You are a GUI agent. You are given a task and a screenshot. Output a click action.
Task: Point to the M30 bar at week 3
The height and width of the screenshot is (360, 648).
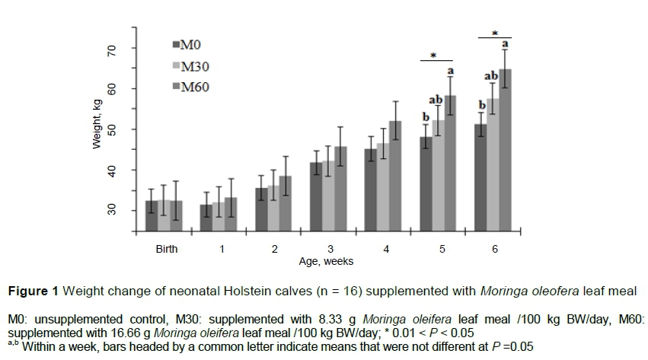(x=328, y=197)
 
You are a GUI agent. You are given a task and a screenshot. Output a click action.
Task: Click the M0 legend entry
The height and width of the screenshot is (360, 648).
(x=187, y=45)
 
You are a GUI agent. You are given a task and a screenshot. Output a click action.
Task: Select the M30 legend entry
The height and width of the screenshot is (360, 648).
(x=190, y=66)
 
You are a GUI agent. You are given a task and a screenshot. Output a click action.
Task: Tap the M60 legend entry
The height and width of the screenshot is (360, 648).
(x=190, y=87)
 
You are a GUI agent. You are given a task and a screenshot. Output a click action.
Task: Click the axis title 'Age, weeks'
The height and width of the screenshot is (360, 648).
(x=327, y=260)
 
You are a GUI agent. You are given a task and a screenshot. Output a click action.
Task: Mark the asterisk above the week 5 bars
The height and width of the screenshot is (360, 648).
(x=433, y=56)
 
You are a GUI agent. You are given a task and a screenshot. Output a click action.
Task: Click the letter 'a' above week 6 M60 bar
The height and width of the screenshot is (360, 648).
(x=505, y=44)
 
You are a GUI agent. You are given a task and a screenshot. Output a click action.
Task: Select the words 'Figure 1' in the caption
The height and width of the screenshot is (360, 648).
(x=31, y=291)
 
